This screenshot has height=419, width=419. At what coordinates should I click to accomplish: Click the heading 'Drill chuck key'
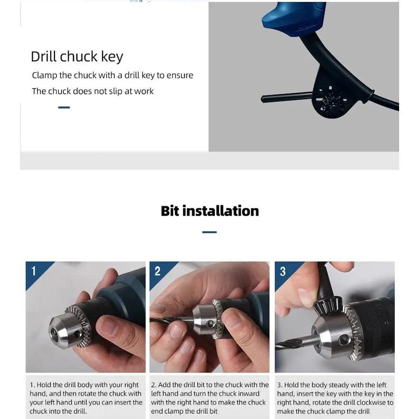tap(77, 56)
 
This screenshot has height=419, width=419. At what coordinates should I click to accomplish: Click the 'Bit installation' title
tap(209, 211)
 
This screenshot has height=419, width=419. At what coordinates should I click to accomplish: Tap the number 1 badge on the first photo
tap(34, 271)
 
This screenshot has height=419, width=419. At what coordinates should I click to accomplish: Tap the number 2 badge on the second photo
tap(158, 271)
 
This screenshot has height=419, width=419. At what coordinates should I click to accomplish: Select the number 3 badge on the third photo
tap(282, 271)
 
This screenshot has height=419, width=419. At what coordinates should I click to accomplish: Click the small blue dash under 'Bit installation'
tap(209, 232)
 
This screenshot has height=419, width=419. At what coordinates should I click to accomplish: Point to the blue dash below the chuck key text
tap(64, 108)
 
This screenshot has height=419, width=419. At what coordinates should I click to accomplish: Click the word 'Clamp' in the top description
tap(44, 75)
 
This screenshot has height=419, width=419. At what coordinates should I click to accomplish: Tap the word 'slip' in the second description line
tap(115, 91)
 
